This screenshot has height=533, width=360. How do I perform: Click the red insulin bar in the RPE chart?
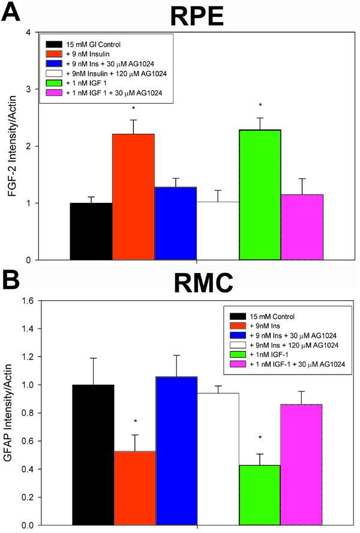pyautogui.click(x=134, y=196)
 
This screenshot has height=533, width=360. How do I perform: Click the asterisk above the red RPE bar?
pyautogui.click(x=134, y=109)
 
